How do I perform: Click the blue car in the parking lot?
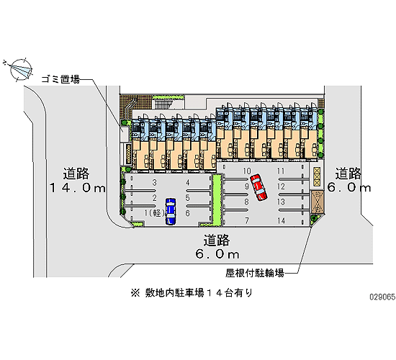coord(171,211)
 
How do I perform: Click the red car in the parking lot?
coord(258,187)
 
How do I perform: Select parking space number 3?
coord(155,182)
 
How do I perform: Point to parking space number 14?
coord(281,221)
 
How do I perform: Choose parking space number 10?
coord(247,171)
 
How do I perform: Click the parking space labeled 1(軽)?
coord(155,213)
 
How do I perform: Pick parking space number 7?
coord(247,221)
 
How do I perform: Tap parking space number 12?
coord(281,186)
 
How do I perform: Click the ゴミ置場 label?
coord(60,79)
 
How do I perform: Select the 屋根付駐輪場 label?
coord(255,273)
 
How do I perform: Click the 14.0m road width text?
coord(78,188)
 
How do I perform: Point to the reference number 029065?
coord(382,297)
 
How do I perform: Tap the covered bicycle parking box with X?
coord(318,202)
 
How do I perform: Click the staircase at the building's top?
coord(163,104)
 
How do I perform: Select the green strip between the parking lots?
coord(217,199)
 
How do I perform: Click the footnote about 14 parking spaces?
coord(192,293)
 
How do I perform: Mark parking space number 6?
coord(187,213)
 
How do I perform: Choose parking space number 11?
coord(281,171)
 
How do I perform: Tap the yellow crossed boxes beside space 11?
coord(317,176)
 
